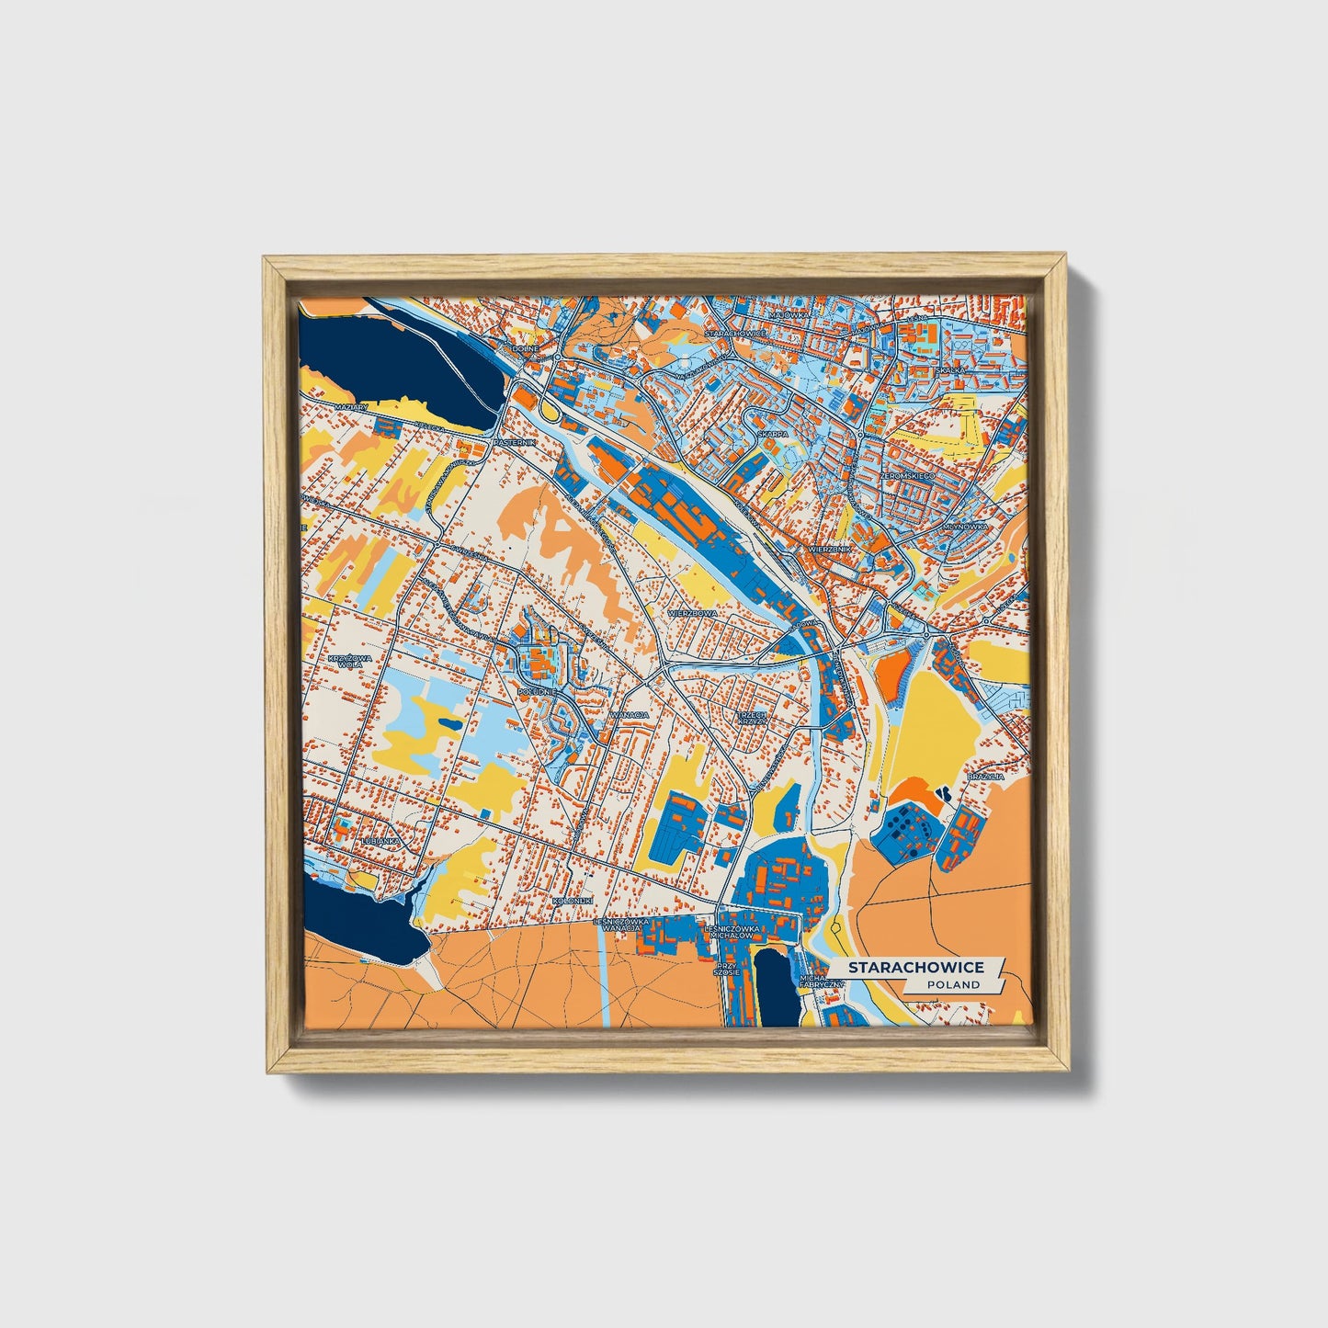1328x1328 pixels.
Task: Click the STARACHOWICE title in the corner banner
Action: tap(915, 968)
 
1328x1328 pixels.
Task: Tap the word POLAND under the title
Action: tap(953, 984)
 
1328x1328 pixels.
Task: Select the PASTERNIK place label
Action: tap(514, 442)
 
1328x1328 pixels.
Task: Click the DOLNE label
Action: tap(525, 349)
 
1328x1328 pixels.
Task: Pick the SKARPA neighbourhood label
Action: tap(772, 434)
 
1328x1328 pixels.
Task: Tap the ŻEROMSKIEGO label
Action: tap(907, 476)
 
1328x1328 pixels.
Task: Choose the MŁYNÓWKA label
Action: tap(964, 528)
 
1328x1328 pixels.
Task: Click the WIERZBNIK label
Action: tap(831, 549)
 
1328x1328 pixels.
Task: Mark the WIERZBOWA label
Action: tap(692, 611)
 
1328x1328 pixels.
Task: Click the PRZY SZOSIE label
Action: tap(727, 971)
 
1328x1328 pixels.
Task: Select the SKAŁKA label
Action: tap(950, 369)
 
